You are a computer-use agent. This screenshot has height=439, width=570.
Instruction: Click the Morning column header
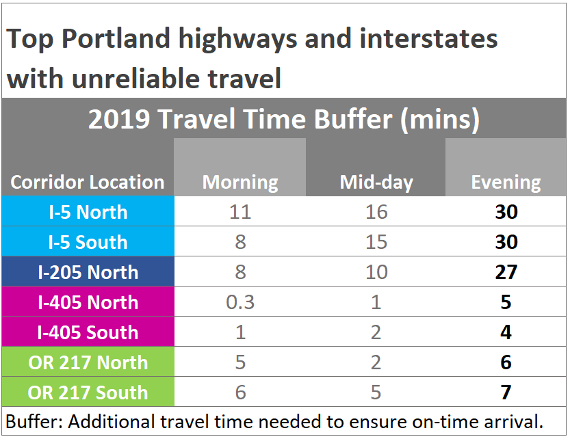point(240,183)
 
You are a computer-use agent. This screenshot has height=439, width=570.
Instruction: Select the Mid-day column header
point(376,183)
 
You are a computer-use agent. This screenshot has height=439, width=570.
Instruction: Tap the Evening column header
point(506,183)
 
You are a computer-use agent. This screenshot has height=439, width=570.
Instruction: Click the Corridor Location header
point(88,183)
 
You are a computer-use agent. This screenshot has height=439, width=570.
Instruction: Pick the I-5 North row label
point(88,212)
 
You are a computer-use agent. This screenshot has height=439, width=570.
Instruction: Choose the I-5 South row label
point(88,242)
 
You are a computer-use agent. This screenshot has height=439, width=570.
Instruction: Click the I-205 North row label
point(88,272)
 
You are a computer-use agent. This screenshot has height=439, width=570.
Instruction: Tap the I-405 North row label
point(88,302)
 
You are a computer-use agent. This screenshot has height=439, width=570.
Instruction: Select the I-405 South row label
point(88,332)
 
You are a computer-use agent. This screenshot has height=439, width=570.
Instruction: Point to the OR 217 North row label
point(88,362)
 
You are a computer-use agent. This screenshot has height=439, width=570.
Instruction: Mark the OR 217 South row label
point(88,393)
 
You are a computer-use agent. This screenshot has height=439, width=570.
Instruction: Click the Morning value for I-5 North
point(240,212)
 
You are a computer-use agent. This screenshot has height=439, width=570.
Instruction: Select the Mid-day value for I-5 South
point(376,242)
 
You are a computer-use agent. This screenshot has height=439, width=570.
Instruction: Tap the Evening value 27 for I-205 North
point(506,272)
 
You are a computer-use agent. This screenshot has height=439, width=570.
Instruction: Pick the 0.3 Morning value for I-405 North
point(240,302)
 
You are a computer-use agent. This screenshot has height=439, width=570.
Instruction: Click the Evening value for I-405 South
point(506,332)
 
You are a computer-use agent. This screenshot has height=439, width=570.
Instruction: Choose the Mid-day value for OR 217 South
point(376,393)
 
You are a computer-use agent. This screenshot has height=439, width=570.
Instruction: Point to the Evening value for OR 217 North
point(506,362)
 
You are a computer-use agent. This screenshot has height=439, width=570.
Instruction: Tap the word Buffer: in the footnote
point(31,418)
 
